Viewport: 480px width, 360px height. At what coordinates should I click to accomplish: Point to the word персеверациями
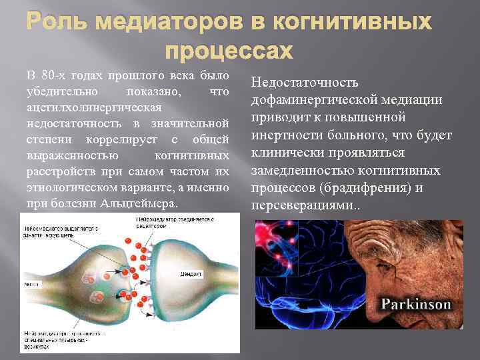click(x=303, y=205)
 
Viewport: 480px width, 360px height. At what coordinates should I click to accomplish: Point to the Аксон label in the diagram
click(x=29, y=282)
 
